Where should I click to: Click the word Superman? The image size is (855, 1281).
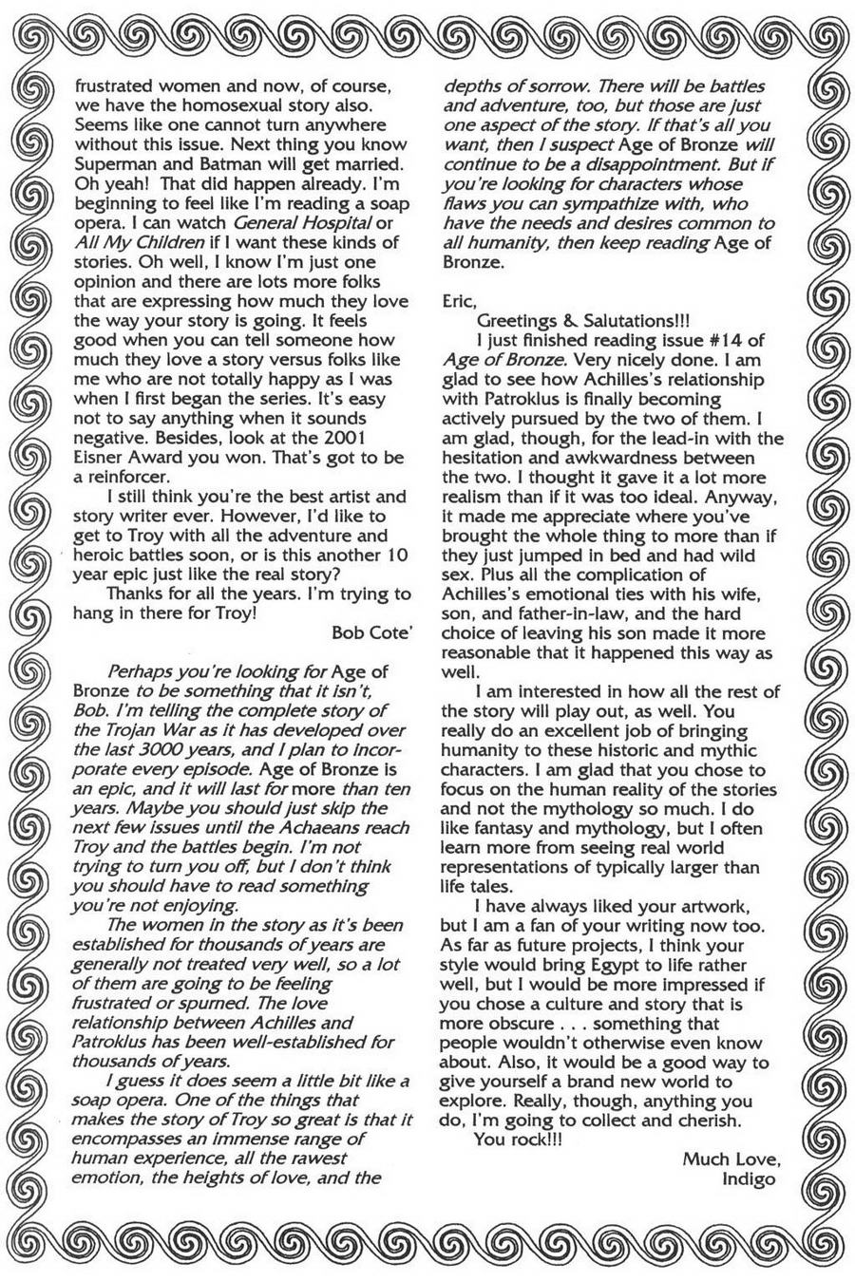[112, 162]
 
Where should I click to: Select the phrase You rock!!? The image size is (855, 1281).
[518, 1140]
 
